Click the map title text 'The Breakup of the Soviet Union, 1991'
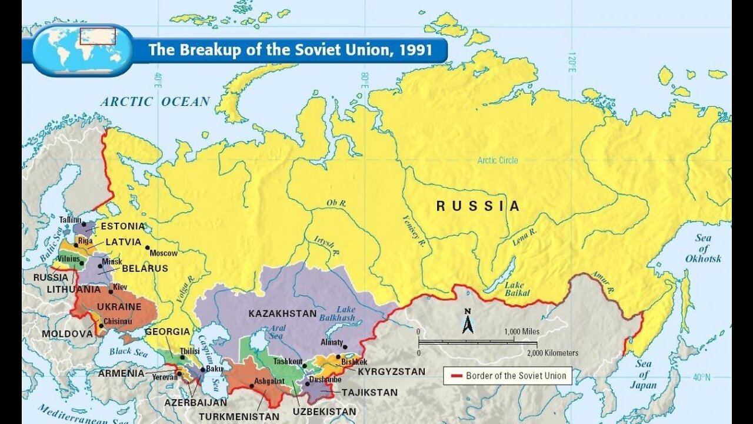click(x=290, y=49)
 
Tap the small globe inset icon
click(x=83, y=50)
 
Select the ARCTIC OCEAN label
click(x=155, y=101)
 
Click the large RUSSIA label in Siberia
click(x=478, y=206)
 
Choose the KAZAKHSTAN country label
click(x=282, y=313)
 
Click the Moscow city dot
click(x=147, y=247)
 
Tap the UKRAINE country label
click(x=119, y=307)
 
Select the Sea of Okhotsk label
click(x=702, y=248)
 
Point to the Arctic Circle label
click(x=498, y=160)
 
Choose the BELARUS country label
click(x=145, y=269)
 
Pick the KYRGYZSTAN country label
click(x=391, y=372)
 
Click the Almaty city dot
click(x=345, y=347)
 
